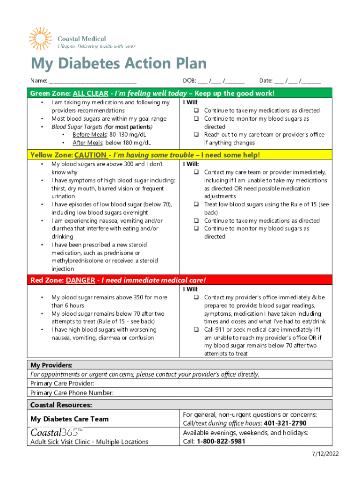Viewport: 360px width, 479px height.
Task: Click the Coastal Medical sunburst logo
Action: [x=41, y=39]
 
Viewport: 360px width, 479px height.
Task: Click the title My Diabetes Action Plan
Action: [x=118, y=64]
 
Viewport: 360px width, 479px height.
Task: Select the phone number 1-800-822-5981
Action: [x=221, y=442]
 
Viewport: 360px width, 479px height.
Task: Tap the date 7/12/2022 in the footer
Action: [x=325, y=454]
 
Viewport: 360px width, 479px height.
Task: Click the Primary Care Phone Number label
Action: [x=72, y=393]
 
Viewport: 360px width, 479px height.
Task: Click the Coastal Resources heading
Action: [x=61, y=405]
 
